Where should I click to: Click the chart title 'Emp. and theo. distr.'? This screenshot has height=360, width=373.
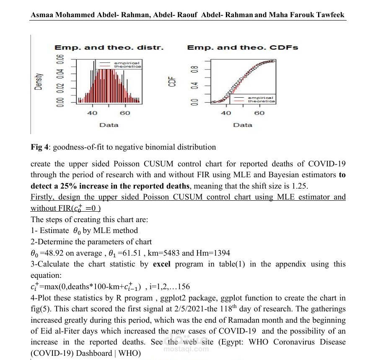109,47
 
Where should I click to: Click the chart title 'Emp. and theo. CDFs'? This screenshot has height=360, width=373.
242,47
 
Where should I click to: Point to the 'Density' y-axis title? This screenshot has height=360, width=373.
39,81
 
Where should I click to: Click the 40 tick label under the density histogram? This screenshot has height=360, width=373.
92,113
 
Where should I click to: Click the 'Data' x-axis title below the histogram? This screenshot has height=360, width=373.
109,125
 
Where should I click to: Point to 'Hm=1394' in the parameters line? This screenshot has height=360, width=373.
213,253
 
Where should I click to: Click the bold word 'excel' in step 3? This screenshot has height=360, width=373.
162,264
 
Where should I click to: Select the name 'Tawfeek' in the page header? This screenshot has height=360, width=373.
329,15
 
